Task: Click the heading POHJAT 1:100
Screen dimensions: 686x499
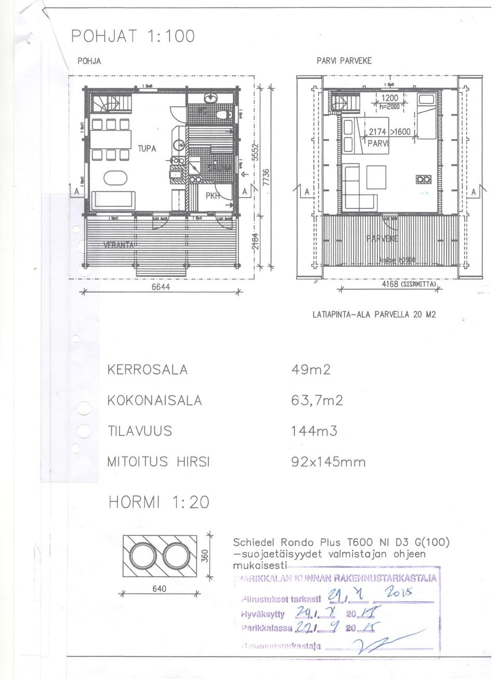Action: coord(133,36)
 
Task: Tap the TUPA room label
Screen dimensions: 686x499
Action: coord(147,149)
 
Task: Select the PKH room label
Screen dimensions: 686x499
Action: coord(212,195)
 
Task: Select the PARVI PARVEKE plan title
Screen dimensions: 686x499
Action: coord(344,61)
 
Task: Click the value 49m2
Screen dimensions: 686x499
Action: coord(311,370)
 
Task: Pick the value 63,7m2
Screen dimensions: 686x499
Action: coord(317,401)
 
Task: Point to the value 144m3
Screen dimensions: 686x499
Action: coord(314,431)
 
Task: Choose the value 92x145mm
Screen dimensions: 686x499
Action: coord(329,461)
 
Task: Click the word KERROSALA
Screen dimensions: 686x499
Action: coord(147,370)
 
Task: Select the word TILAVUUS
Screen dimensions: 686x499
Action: coord(139,431)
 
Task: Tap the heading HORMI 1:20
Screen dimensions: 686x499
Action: coord(158,502)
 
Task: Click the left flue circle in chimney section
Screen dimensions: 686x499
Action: coord(141,556)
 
